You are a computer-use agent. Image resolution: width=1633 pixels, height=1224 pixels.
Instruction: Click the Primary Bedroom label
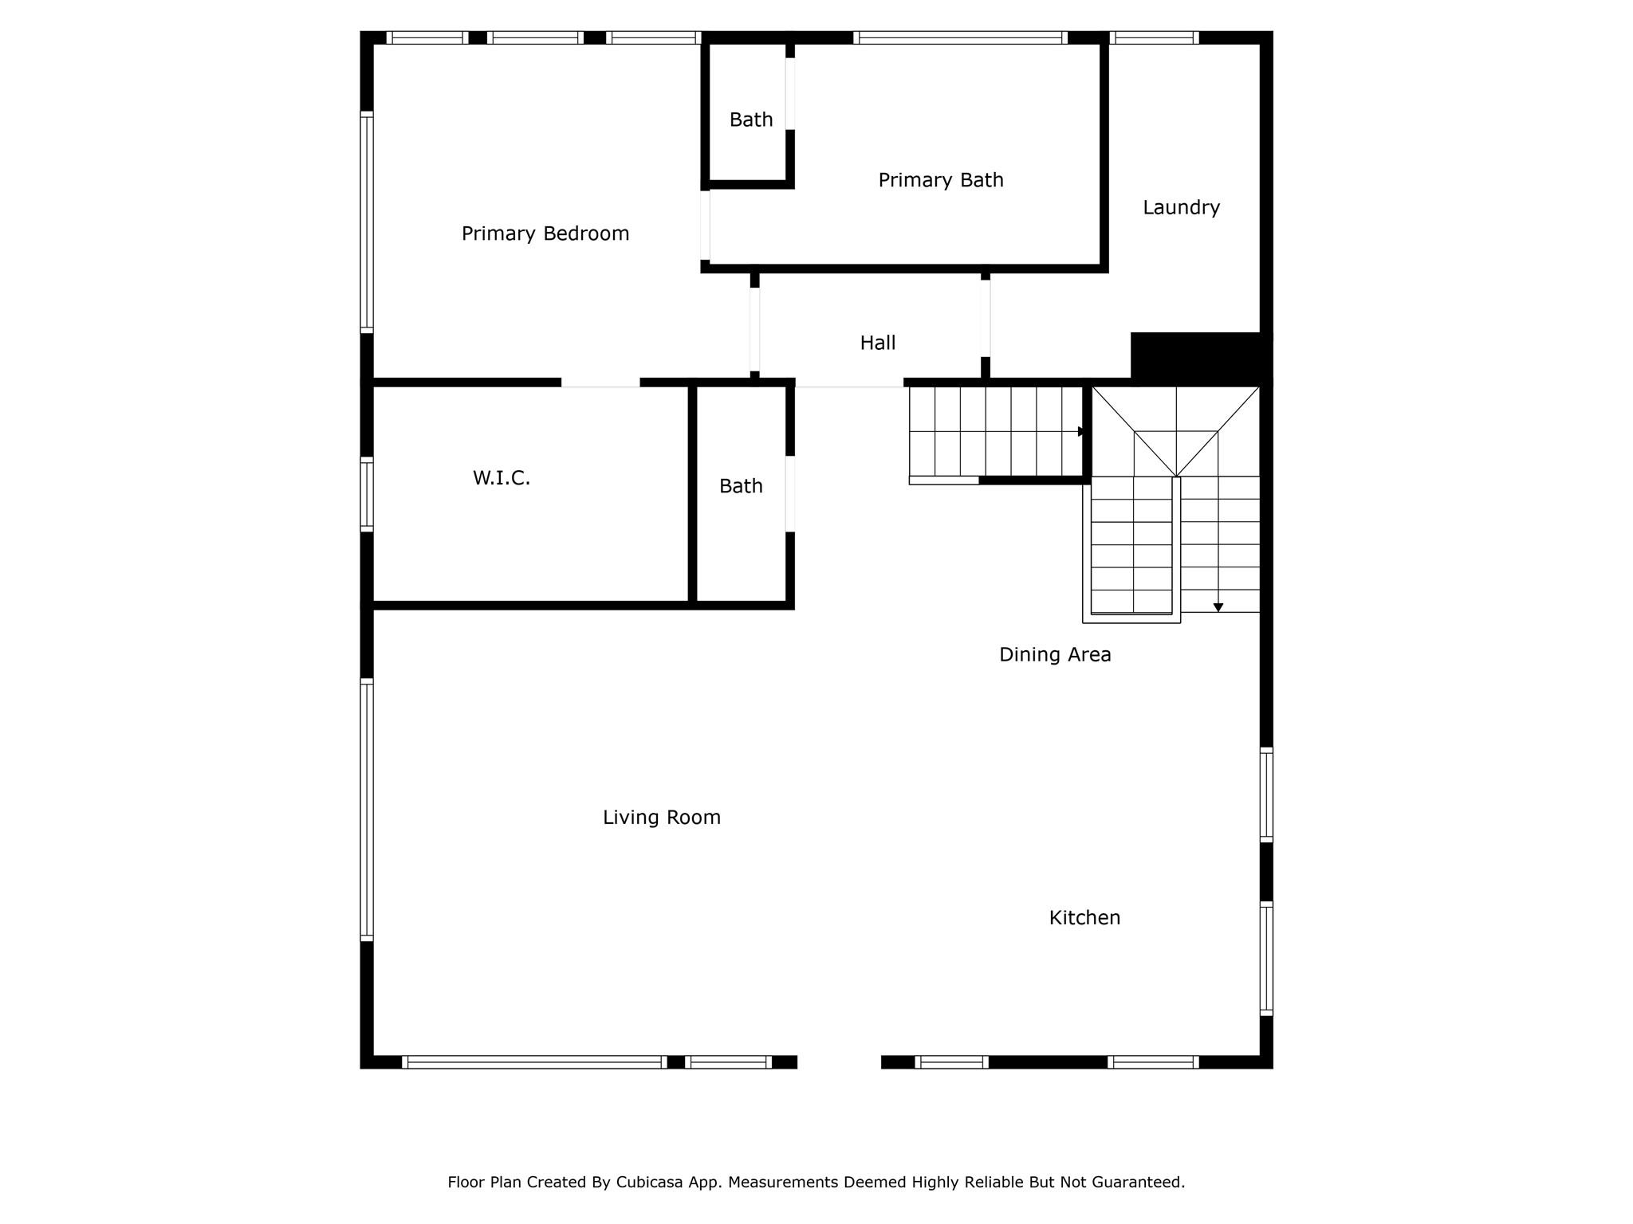point(545,233)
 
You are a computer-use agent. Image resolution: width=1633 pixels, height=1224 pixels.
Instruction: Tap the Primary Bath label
point(941,180)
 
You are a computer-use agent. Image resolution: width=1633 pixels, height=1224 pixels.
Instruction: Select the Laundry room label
point(1181,207)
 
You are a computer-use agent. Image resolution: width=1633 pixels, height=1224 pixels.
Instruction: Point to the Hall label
point(878,343)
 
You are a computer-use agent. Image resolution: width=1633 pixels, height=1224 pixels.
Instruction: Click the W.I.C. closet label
point(502,478)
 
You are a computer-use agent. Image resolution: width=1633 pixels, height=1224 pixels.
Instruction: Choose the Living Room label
point(662,818)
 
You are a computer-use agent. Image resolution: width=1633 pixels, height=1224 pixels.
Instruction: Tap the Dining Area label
point(1055,655)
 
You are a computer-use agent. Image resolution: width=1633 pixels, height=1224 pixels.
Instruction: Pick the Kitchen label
point(1084,918)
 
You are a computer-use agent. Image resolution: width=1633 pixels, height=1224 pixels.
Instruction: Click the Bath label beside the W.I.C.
point(741,486)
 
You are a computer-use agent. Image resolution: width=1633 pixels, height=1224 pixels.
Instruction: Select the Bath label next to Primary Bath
point(751,120)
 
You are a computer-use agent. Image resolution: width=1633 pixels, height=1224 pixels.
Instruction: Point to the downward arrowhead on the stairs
point(1218,608)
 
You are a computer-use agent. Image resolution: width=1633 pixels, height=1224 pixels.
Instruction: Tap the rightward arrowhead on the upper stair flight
point(1081,432)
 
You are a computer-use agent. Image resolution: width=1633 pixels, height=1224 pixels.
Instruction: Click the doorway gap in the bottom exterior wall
point(839,1061)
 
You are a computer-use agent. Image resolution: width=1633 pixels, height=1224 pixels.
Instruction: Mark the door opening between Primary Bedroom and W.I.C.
point(600,382)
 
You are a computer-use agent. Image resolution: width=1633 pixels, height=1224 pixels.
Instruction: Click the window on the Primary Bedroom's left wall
point(367,222)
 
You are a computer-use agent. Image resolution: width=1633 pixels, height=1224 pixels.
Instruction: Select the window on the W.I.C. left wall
point(367,494)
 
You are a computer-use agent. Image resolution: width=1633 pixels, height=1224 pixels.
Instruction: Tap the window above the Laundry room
point(1154,37)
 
